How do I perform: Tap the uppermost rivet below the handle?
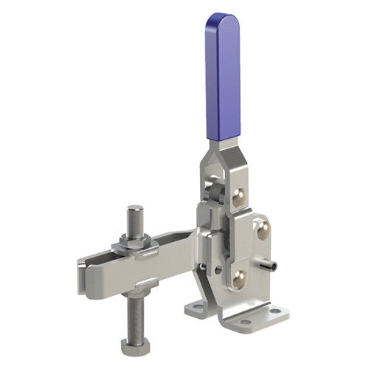point(240,194)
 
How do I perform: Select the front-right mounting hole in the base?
point(275,312)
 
